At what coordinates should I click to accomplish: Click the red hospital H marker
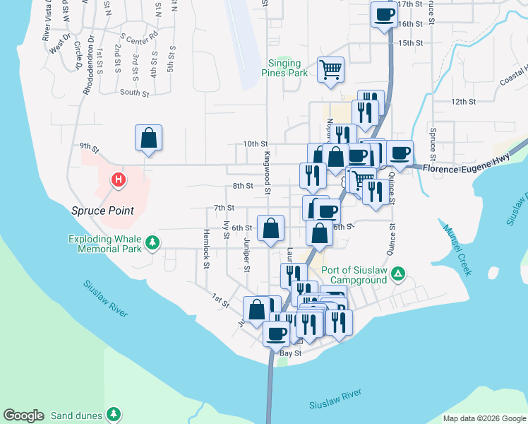tap(119, 181)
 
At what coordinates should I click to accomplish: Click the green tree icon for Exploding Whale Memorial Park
tap(152, 244)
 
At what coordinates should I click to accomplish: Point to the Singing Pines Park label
tap(284, 67)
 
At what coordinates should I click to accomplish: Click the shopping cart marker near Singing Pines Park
tap(330, 69)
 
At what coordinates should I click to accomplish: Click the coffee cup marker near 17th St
tap(384, 14)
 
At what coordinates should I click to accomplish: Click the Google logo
tap(23, 416)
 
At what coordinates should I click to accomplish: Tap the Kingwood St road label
tap(268, 172)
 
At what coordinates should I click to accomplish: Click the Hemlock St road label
tap(208, 248)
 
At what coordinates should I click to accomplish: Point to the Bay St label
tap(290, 353)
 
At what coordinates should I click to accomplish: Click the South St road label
tap(134, 93)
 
